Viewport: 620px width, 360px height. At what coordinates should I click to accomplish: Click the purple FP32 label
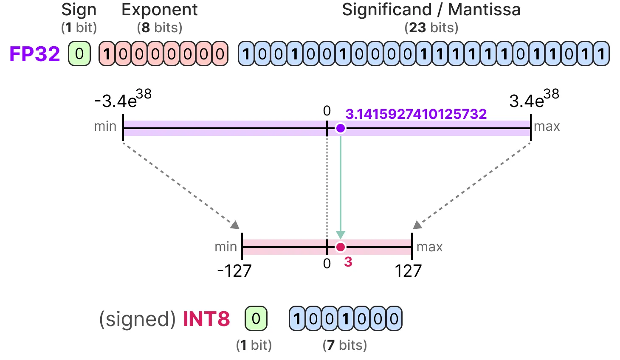(34, 53)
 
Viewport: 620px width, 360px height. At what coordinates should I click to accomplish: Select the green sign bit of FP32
(79, 53)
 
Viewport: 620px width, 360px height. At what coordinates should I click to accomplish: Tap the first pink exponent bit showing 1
(107, 53)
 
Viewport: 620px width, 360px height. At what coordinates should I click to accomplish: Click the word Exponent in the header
(159, 10)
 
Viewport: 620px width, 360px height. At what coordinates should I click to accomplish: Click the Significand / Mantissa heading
(431, 10)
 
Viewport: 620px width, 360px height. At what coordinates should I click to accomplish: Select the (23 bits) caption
(431, 28)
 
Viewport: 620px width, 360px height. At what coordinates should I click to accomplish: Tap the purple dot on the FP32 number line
(341, 128)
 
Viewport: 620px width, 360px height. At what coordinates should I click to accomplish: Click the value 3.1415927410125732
(416, 114)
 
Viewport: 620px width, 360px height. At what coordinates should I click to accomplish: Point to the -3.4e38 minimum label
(123, 99)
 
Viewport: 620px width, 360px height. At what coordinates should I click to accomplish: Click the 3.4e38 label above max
(534, 99)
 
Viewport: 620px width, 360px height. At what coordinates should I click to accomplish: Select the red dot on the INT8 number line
(341, 247)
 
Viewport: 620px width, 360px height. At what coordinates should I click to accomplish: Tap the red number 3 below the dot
(348, 262)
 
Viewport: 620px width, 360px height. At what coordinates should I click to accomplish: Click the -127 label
(234, 270)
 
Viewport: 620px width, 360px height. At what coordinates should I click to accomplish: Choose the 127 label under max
(408, 270)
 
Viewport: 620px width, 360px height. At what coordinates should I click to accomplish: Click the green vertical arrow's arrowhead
(341, 235)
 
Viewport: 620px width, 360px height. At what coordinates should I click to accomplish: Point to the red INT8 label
(206, 319)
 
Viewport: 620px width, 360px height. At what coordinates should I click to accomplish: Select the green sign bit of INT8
(256, 318)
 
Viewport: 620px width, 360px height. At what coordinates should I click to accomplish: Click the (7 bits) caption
(345, 345)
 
